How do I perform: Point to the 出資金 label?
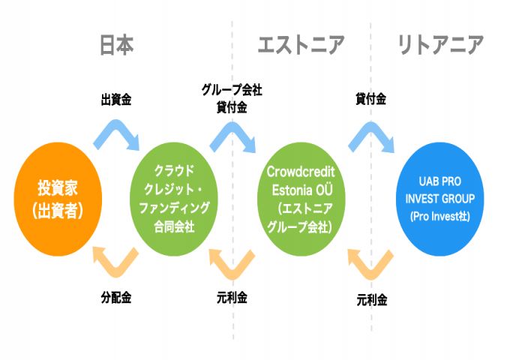[x=116, y=99]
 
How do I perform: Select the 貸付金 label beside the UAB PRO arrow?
[x=370, y=99]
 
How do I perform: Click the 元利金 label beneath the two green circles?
[x=232, y=297]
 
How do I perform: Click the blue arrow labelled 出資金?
[x=116, y=134]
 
